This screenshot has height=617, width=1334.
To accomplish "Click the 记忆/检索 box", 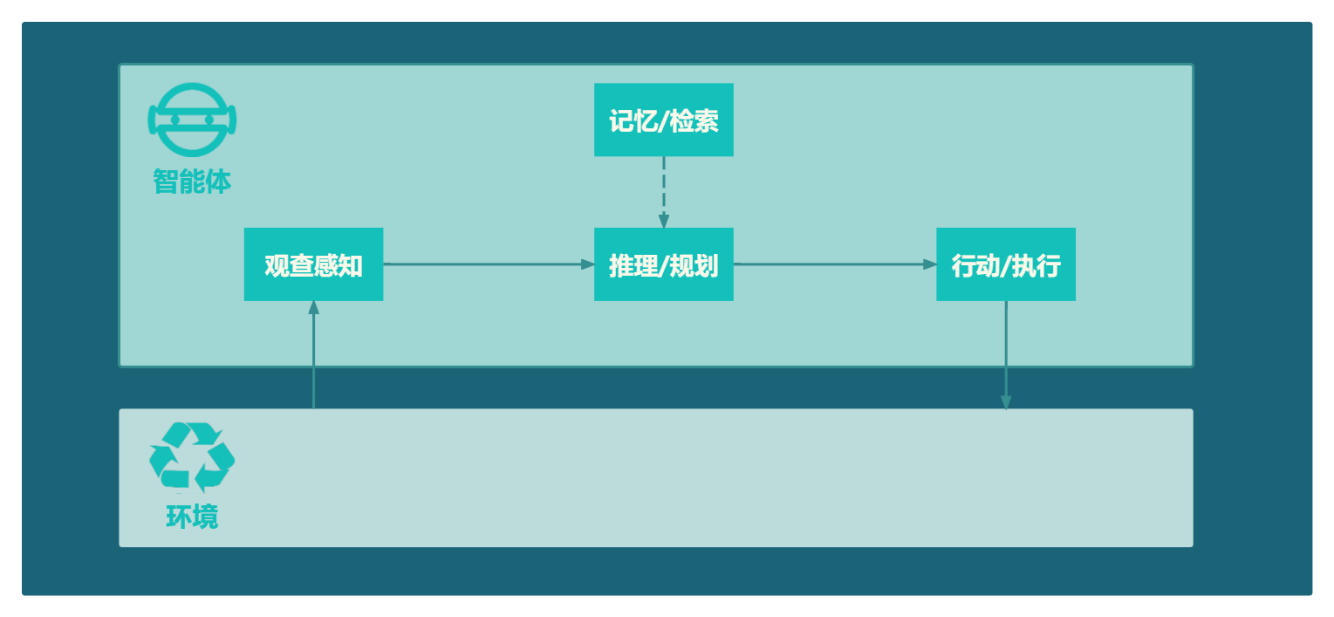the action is click(x=663, y=120).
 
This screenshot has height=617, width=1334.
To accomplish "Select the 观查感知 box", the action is click(x=313, y=264).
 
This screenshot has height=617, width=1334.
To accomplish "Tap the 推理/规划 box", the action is click(x=663, y=264).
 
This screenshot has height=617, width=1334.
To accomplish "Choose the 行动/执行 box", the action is click(x=1006, y=264).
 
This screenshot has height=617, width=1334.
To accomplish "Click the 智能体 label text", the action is click(x=192, y=181).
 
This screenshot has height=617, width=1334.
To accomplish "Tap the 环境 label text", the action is click(x=192, y=517).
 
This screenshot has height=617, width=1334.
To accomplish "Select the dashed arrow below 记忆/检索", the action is click(x=663, y=192).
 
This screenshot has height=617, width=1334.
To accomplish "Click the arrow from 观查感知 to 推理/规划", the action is click(x=489, y=264).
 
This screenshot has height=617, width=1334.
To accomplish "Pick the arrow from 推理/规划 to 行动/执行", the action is click(x=835, y=264).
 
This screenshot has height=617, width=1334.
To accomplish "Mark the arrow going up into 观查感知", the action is click(x=313, y=355).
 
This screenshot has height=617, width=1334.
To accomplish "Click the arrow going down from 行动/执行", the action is click(x=1006, y=355).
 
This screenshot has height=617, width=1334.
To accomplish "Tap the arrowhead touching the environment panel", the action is click(x=1006, y=402).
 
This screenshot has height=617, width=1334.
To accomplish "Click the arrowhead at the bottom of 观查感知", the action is click(x=313, y=308).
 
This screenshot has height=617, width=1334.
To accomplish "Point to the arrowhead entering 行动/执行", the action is click(x=930, y=264).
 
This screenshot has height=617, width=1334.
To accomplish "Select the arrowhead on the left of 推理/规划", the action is click(x=587, y=264).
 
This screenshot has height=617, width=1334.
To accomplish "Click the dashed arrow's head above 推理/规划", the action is click(x=663, y=221).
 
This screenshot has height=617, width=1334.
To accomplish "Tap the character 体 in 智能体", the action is click(x=219, y=181).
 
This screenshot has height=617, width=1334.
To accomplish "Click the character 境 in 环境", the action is click(x=205, y=517).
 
